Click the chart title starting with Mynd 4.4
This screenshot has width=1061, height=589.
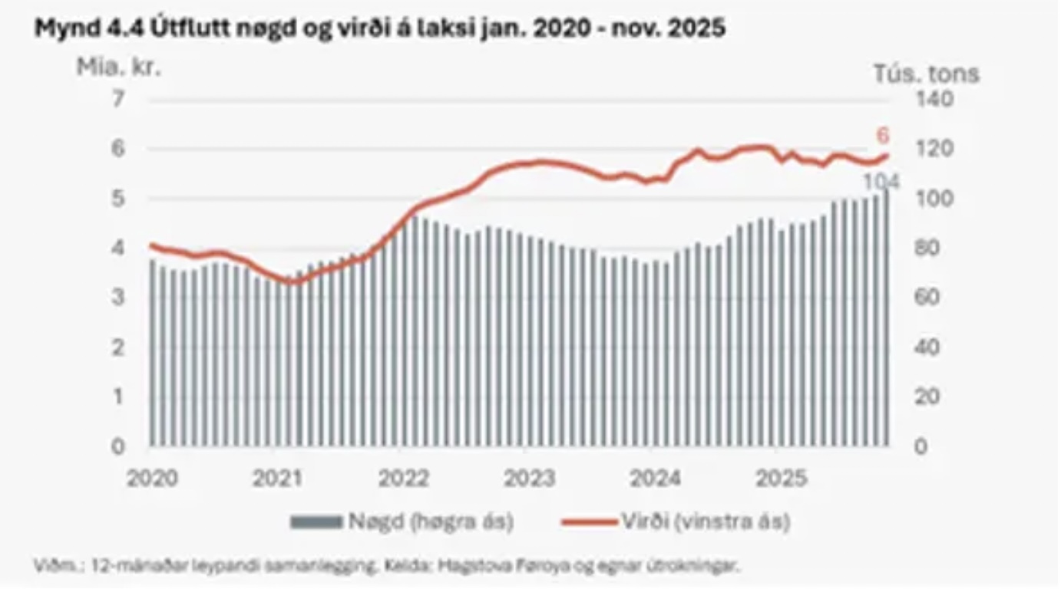(x=380, y=28)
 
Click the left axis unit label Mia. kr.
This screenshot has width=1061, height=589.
(x=118, y=67)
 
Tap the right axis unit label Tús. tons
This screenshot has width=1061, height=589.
(x=927, y=74)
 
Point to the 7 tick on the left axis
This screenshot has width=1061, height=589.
(x=117, y=99)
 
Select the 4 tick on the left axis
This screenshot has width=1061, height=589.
(x=117, y=248)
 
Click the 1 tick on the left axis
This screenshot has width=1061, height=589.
(x=117, y=397)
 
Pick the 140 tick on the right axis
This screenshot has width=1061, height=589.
(x=933, y=99)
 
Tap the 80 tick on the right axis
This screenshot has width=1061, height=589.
(x=929, y=248)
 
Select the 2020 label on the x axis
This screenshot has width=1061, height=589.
(x=152, y=478)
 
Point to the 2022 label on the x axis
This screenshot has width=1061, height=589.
(x=404, y=478)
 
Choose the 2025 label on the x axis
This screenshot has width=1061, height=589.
(x=782, y=478)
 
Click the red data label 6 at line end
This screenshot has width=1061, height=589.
(x=883, y=136)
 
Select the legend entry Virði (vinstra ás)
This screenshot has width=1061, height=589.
(x=706, y=522)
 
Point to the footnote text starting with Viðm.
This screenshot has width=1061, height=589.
(x=388, y=567)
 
